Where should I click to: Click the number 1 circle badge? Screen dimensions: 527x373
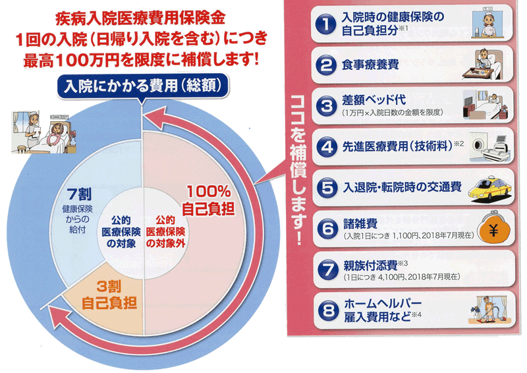[325, 24]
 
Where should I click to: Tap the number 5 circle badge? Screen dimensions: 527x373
[327, 188]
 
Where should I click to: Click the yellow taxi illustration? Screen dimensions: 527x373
[490, 190]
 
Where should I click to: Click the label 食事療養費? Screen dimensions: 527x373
[370, 65]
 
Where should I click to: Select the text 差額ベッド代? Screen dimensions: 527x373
[374, 100]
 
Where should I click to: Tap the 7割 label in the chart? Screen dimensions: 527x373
[78, 194]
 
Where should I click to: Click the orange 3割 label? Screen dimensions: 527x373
[109, 286]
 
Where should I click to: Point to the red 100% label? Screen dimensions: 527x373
[209, 192]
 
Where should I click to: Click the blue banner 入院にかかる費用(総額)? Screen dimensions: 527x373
[142, 86]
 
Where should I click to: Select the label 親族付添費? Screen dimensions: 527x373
[370, 266]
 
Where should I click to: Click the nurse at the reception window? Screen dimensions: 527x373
[486, 24]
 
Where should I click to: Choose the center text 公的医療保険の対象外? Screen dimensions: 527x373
[166, 232]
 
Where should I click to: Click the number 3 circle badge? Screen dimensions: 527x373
[326, 106]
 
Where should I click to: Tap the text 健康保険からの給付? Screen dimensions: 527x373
[78, 219]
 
